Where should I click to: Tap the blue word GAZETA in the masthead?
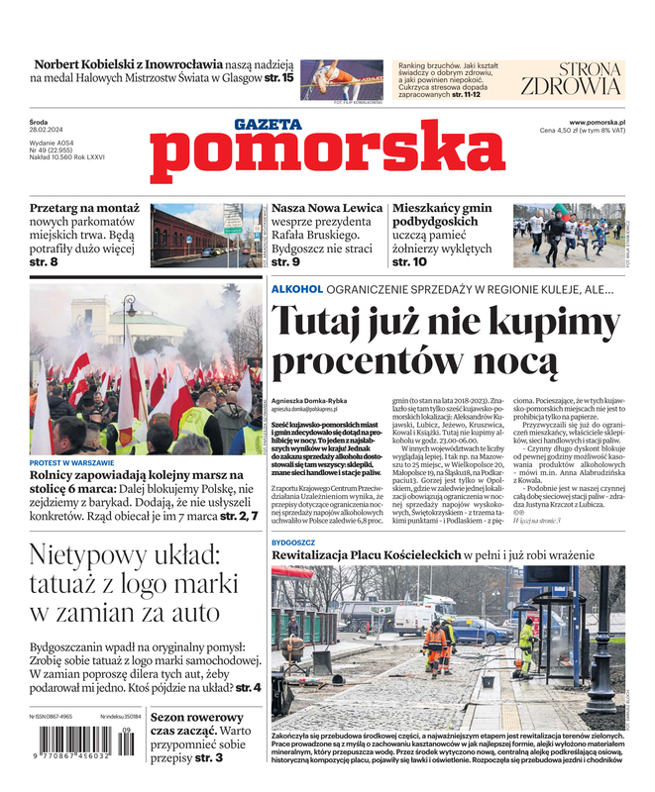268,124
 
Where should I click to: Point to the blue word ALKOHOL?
297,289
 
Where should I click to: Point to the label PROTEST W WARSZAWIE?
72,463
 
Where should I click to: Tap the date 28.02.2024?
47,131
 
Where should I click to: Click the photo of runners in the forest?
568,236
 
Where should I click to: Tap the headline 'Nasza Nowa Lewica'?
327,209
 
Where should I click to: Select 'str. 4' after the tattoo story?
249,686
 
